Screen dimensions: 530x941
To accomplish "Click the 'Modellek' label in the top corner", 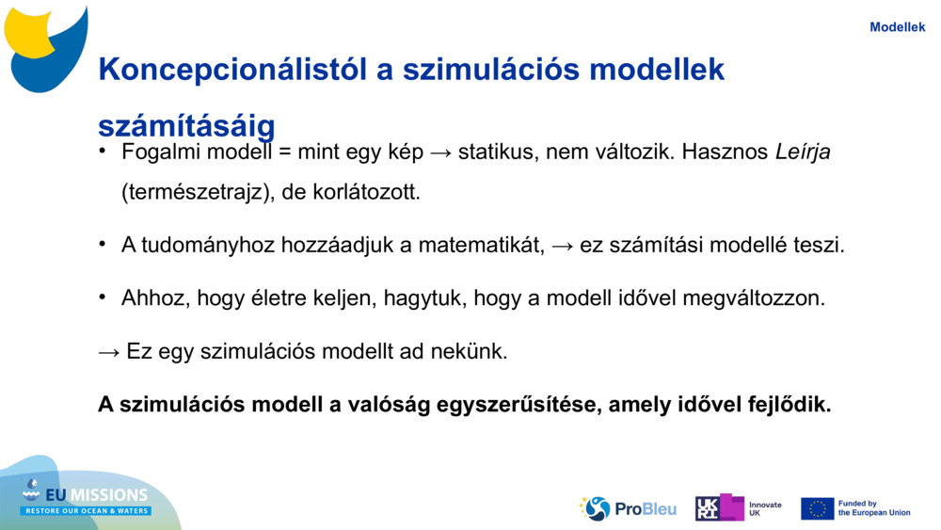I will point(897,27).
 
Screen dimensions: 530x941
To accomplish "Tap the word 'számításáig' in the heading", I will point(186,126).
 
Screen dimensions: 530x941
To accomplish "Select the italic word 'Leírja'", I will point(803,152).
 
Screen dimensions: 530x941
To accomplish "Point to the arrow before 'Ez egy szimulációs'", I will point(109,352).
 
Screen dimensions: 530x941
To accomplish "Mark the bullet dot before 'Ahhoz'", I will point(103,297).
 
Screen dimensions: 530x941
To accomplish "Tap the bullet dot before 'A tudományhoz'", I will point(103,245).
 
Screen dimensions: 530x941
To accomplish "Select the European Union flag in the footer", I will point(817,508).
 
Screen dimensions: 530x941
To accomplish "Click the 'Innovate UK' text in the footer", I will point(764,508).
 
